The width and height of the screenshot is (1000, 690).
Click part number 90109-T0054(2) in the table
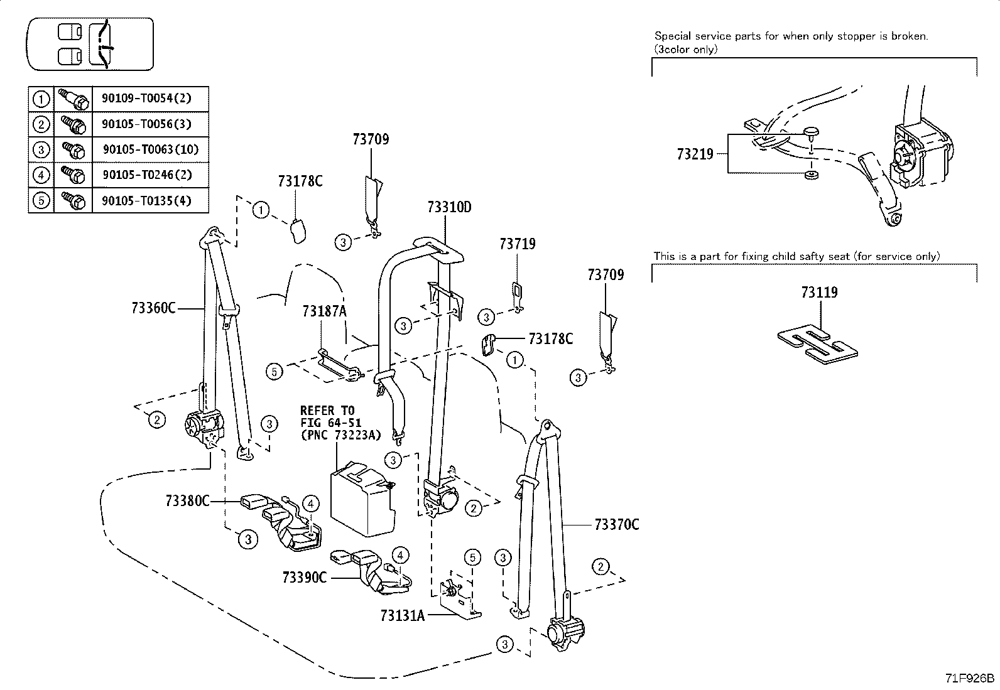(146, 98)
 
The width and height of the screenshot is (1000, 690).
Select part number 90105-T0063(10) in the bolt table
(151, 149)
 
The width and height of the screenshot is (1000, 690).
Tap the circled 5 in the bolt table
(41, 200)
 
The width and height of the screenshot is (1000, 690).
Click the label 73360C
(153, 308)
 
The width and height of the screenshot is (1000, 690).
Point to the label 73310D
(449, 207)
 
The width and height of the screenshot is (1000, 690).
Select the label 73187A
(324, 311)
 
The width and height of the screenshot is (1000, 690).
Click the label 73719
(518, 244)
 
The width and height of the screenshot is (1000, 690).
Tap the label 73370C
(616, 524)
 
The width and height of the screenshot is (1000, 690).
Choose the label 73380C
(187, 501)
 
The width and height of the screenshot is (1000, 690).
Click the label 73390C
(305, 578)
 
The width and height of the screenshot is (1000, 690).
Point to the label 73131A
(402, 616)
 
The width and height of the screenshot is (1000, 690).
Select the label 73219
(695, 154)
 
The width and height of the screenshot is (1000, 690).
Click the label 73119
(819, 293)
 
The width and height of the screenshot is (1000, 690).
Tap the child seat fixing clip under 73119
(817, 343)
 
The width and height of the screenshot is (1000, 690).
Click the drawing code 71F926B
(970, 679)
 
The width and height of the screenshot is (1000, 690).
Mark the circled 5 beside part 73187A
(274, 372)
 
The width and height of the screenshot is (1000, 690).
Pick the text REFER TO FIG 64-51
(331, 416)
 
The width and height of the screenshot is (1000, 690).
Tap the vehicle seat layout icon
(90, 44)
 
